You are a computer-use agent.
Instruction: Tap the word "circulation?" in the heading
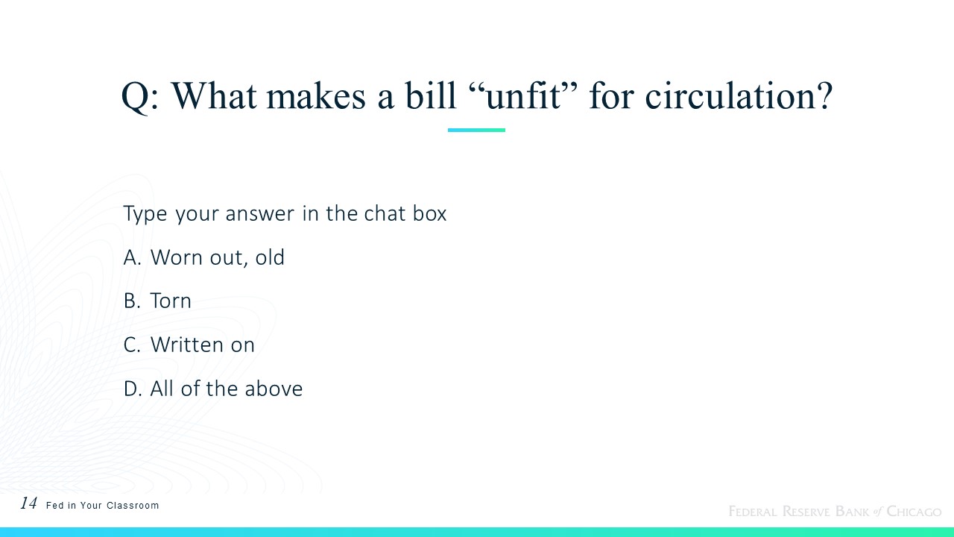[x=739, y=95]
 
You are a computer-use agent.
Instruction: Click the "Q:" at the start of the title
[x=139, y=97]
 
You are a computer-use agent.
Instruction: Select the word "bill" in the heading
[x=431, y=95]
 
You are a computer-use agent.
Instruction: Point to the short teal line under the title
[x=476, y=130]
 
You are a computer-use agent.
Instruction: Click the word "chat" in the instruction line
[x=385, y=213]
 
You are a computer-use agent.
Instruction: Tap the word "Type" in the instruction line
[x=145, y=214]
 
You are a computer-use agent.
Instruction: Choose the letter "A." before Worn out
[x=132, y=257]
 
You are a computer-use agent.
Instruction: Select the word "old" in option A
[x=270, y=257]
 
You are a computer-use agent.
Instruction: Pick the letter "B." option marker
[x=132, y=301]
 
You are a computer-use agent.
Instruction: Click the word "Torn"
[x=171, y=301]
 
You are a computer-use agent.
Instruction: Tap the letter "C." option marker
[x=132, y=345]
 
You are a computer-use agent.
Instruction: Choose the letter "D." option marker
[x=133, y=389]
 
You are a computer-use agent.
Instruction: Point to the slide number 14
[x=28, y=503]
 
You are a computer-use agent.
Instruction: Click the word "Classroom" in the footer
[x=133, y=506]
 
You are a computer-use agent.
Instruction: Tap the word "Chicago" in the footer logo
[x=914, y=511]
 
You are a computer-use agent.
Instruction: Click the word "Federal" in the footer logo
[x=753, y=511]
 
